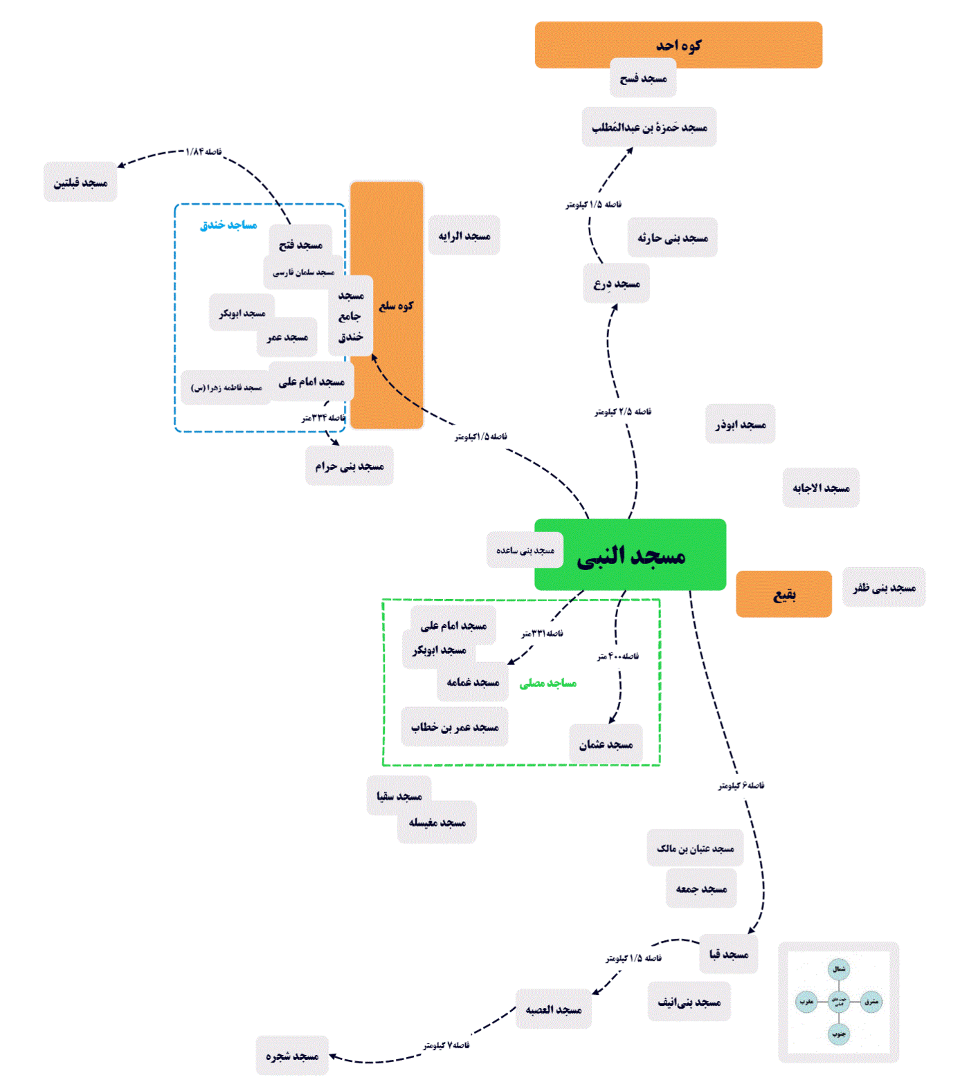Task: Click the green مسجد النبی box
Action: pyautogui.click(x=630, y=554)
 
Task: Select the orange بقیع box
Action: pyautogui.click(x=784, y=594)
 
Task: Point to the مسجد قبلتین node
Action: pyautogui.click(x=80, y=182)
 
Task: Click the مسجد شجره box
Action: pyautogui.click(x=292, y=1055)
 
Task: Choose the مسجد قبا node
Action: pyautogui.click(x=729, y=954)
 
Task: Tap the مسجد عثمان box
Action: pyautogui.click(x=606, y=744)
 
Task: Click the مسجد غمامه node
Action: pyautogui.click(x=473, y=682)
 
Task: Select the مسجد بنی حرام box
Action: pyautogui.click(x=350, y=466)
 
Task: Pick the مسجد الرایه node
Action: pyautogui.click(x=464, y=235)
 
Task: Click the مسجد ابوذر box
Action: pyautogui.click(x=741, y=423)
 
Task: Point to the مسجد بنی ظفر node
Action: pyautogui.click(x=884, y=587)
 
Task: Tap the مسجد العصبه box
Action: pyautogui.click(x=554, y=1009)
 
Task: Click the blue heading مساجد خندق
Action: pyautogui.click(x=228, y=225)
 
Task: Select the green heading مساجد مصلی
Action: pyautogui.click(x=547, y=684)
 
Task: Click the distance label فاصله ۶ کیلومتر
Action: pyautogui.click(x=741, y=785)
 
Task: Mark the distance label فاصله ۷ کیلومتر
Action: pyautogui.click(x=446, y=1045)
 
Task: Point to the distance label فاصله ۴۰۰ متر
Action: pyautogui.click(x=618, y=656)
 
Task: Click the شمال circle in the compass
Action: pyautogui.click(x=839, y=969)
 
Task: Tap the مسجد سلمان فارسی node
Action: pyautogui.click(x=303, y=272)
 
